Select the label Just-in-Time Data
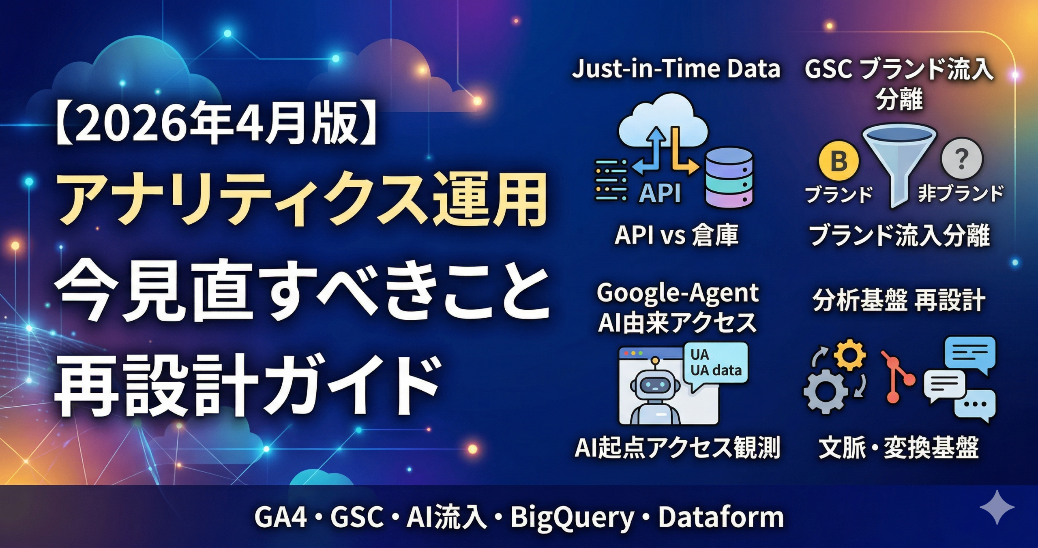click(676, 69)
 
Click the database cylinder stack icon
click(729, 177)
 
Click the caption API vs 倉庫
click(676, 235)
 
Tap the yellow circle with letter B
click(839, 161)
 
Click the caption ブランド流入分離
click(899, 235)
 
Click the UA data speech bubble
click(714, 365)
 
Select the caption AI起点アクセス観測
click(677, 447)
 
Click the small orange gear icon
click(850, 355)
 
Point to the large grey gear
click(826, 392)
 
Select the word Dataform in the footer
click(721, 517)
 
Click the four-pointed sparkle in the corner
click(997, 507)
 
